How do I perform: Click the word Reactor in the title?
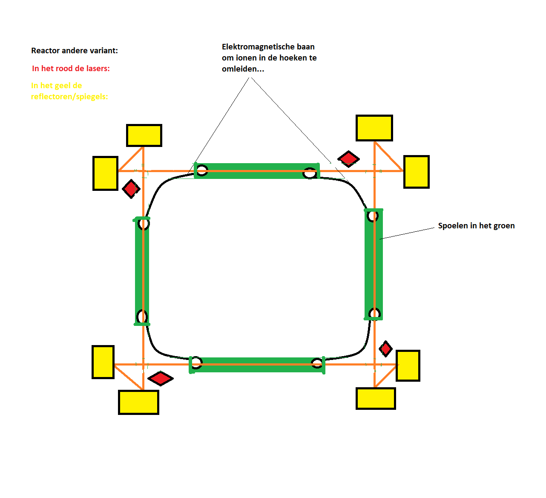45,51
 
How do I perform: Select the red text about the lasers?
71,69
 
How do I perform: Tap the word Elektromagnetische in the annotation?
256,47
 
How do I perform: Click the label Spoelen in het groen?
476,226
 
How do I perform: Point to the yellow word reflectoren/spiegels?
69,97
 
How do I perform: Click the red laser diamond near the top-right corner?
349,159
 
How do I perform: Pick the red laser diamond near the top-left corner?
131,188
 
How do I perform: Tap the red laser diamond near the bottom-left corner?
161,378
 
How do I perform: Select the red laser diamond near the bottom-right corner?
385,349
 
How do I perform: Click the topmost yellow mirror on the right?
374,128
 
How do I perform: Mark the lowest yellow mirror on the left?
138,402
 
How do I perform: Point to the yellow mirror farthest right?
416,172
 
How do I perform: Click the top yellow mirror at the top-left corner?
144,135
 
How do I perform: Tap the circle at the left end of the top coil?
202,171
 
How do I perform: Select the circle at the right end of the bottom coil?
317,363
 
